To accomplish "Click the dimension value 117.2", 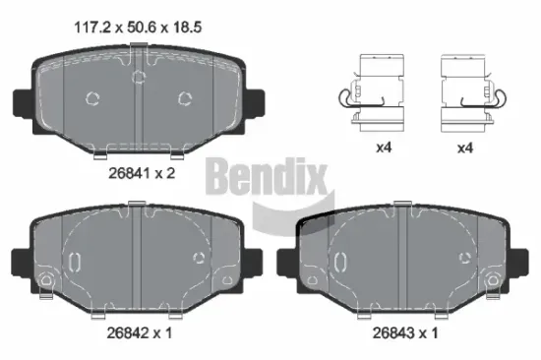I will coord(91,28).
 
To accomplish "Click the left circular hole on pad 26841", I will coord(93,98).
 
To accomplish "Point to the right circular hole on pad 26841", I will coord(183,97).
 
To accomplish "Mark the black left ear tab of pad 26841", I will coord(20,101).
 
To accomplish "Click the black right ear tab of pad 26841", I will coord(256,101).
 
